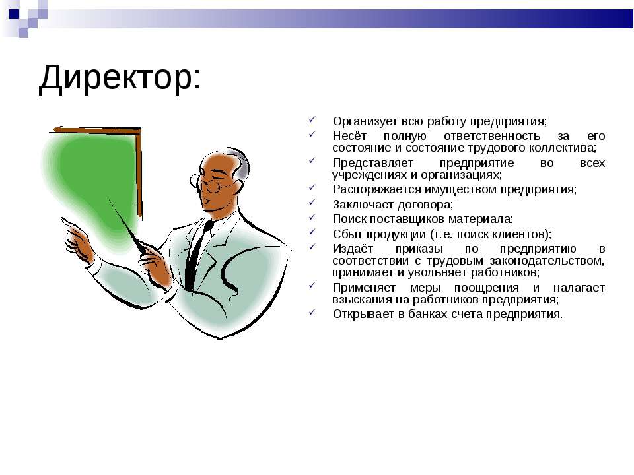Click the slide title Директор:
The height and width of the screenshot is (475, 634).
click(x=120, y=78)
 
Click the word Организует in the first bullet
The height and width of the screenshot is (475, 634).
click(x=365, y=121)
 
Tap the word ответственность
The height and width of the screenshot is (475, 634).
click(x=491, y=136)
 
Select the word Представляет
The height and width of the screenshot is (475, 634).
click(x=372, y=163)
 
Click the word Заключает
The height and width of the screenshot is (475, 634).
click(x=363, y=205)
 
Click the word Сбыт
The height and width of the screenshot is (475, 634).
click(x=347, y=234)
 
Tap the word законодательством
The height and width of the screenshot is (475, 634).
click(x=547, y=261)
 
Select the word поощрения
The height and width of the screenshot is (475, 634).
click(x=487, y=288)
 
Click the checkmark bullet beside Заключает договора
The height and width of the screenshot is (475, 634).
click(x=312, y=202)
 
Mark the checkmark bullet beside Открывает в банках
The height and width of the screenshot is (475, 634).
click(x=312, y=312)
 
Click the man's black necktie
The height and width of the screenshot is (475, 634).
click(x=196, y=255)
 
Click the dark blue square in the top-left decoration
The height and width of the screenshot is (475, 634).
click(x=14, y=14)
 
